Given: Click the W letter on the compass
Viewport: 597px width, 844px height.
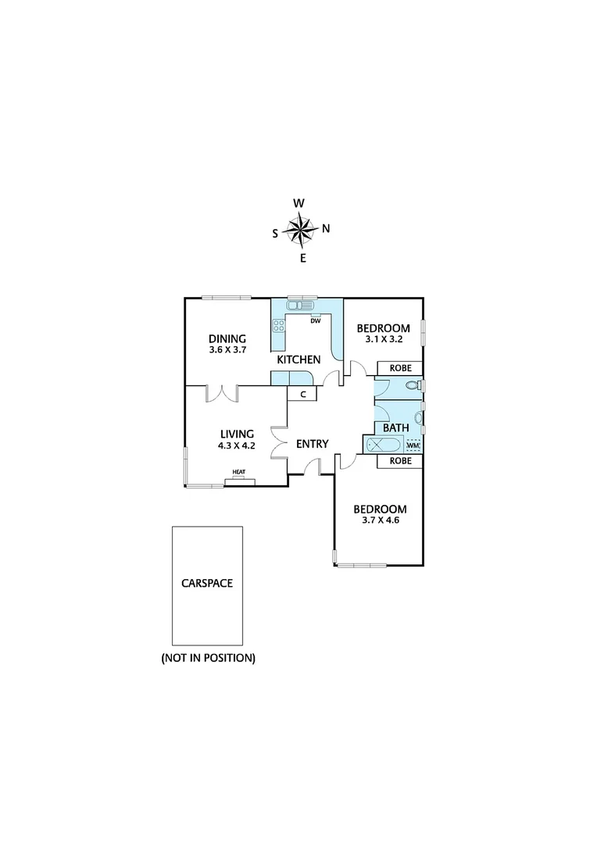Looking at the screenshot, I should point(298,203).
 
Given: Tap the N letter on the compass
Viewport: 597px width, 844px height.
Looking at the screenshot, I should point(326,229).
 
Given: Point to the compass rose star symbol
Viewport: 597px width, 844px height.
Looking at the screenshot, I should point(300,230).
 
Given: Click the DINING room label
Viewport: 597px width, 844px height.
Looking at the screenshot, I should point(227,338).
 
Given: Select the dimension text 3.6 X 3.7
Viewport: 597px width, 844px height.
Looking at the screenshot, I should point(227,350).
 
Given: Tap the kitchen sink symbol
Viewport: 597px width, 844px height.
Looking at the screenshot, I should point(300,306).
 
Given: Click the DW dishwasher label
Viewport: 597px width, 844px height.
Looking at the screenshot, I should point(316,320).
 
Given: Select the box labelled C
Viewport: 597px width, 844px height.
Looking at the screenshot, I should point(302,395).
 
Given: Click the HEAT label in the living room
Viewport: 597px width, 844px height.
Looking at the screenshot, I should point(239,472).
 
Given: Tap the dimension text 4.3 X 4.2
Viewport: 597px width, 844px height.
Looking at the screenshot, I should point(237,446).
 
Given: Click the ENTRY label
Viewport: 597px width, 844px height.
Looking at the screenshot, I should point(312,444).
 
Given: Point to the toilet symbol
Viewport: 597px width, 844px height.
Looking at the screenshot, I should point(413,385).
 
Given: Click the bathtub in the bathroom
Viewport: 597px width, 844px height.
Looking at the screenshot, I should point(383,445).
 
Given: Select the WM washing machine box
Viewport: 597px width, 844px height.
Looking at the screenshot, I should point(413,445).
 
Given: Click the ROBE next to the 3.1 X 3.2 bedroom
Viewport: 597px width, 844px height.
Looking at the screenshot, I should point(400,368).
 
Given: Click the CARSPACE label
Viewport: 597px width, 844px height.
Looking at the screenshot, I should point(207,583).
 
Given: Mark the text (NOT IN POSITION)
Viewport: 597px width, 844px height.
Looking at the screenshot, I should point(208,658).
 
